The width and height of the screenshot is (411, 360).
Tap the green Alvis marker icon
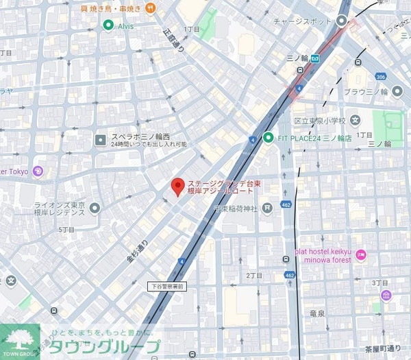click(x=108, y=25)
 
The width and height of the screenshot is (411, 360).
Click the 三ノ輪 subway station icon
click(x=314, y=58)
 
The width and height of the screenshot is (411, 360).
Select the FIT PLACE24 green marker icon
click(x=269, y=137)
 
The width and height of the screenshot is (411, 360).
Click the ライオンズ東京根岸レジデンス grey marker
click(x=95, y=208)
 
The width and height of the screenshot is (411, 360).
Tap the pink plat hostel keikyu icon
click(x=361, y=256)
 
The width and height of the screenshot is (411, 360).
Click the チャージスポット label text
click(x=303, y=21)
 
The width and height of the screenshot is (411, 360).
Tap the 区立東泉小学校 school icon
click(x=355, y=121)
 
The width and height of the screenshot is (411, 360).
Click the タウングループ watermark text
click(x=103, y=347)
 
